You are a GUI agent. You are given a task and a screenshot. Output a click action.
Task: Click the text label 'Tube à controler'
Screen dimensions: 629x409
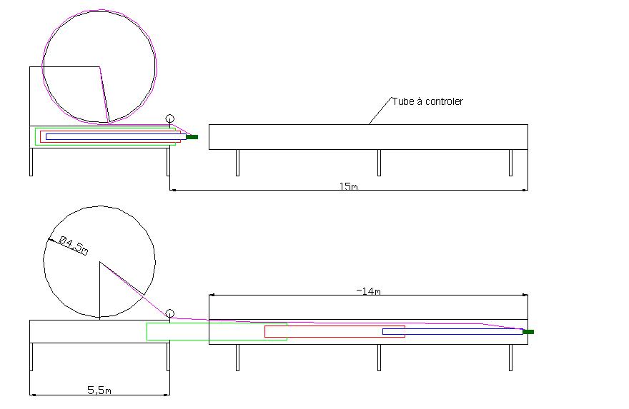(427, 102)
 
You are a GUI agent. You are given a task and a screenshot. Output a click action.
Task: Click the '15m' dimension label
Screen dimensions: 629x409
(348, 186)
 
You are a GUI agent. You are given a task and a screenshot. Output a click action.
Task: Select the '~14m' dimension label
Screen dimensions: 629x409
(368, 291)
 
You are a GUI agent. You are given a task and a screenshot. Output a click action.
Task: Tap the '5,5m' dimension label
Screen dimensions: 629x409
(99, 390)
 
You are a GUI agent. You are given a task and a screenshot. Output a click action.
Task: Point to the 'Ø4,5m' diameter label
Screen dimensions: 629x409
(74, 245)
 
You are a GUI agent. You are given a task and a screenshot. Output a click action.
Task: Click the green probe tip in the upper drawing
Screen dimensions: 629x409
(192, 137)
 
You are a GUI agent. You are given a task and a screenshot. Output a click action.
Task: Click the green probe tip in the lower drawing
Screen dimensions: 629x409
(528, 332)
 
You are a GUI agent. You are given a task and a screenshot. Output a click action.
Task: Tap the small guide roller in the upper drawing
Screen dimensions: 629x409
(169, 119)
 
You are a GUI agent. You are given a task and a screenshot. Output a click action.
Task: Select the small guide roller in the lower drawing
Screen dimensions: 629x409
(169, 313)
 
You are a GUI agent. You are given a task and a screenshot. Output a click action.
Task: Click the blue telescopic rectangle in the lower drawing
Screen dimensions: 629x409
(453, 329)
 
